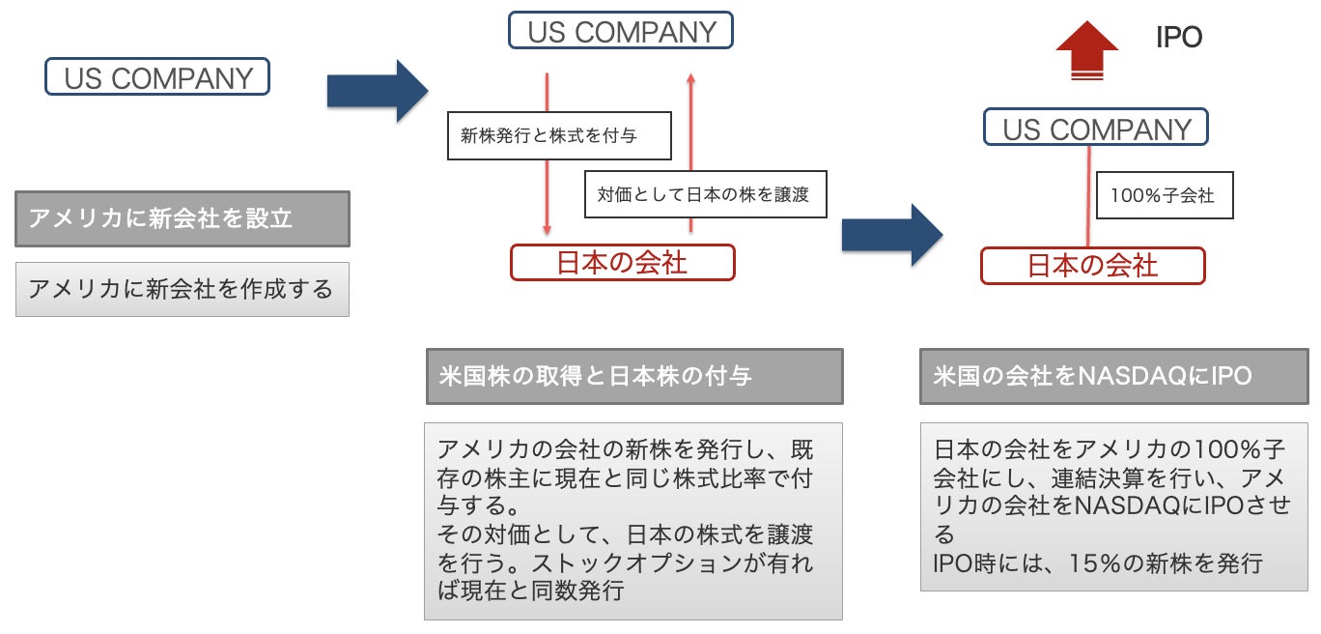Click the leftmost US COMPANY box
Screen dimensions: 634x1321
click(x=157, y=77)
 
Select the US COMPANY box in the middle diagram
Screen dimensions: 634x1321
click(x=621, y=30)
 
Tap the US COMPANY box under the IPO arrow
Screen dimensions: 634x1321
click(x=1096, y=129)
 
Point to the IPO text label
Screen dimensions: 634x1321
click(x=1178, y=39)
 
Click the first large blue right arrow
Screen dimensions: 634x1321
click(x=377, y=92)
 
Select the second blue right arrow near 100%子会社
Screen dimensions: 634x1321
click(x=890, y=235)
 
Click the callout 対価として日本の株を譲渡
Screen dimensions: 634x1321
click(x=702, y=194)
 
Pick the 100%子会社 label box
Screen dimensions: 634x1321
click(x=1163, y=195)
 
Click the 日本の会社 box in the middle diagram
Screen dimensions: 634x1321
click(x=622, y=263)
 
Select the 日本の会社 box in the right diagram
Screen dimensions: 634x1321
click(x=1092, y=266)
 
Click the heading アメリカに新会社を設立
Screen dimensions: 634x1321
click(x=183, y=218)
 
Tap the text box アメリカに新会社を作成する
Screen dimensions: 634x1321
click(x=182, y=288)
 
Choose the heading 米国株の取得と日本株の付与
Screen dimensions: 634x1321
click(x=633, y=376)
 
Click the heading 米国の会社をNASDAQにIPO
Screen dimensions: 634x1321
click(x=1113, y=376)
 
